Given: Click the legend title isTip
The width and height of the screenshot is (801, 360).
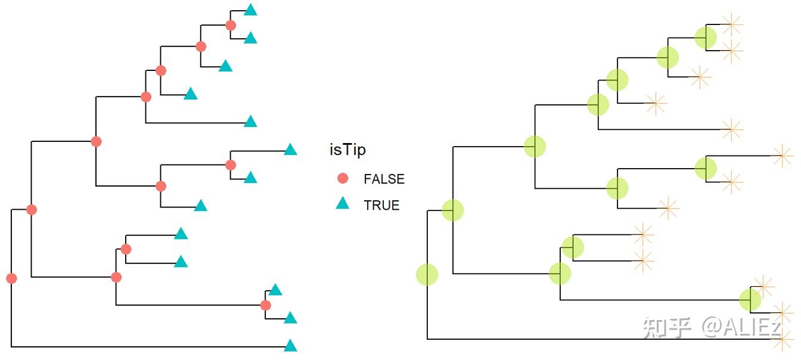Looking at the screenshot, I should point(347,150).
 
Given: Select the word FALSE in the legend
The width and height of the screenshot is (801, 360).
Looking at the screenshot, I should point(384,179).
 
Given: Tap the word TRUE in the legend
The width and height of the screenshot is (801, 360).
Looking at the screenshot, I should point(381,206).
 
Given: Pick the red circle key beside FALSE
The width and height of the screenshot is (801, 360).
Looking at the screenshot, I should point(342,178).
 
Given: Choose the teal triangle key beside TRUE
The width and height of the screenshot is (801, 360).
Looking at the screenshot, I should point(342,204).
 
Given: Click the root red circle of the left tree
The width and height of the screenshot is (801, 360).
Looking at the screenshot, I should point(11,278).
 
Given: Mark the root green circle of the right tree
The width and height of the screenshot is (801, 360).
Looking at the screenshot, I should point(427,274).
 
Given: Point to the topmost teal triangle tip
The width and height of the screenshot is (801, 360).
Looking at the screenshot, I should point(250,10).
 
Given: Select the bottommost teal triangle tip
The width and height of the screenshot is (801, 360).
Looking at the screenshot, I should point(290,346).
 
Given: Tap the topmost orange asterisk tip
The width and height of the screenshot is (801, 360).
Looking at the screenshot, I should point(731,24).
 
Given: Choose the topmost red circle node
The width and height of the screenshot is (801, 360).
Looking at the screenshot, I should point(231,25).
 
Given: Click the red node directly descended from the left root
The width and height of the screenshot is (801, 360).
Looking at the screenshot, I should point(32,210).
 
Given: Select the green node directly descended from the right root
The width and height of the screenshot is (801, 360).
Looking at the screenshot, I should point(453,210).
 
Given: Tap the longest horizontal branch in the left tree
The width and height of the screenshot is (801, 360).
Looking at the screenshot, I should point(149,346).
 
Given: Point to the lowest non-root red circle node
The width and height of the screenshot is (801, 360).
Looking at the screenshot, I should point(266,305).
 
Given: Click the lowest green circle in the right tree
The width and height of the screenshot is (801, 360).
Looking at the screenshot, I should point(750,300).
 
